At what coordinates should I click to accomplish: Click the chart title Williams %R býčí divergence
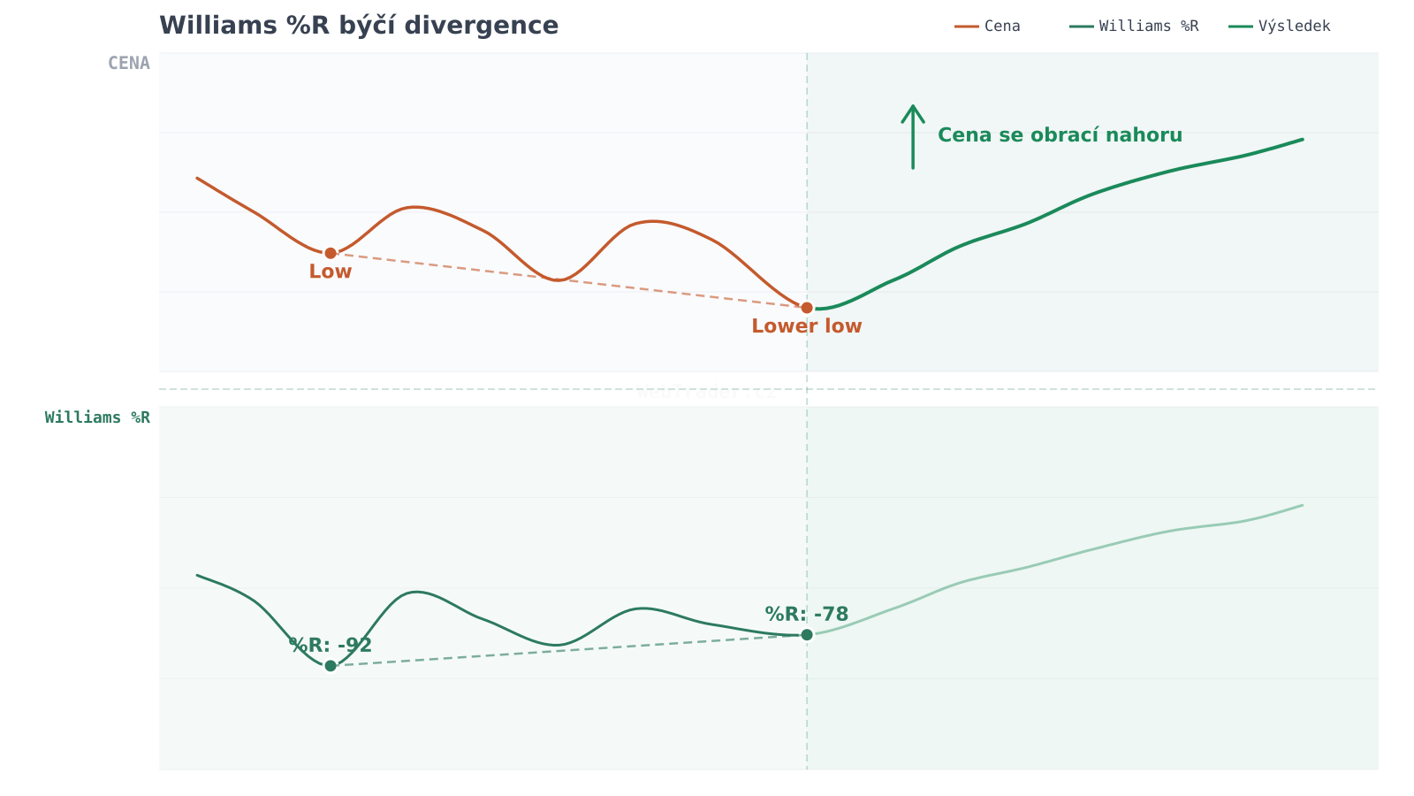[359, 26]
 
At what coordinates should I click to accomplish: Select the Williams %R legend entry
[1135, 27]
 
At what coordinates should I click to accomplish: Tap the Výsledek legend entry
[1281, 27]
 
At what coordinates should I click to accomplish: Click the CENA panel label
[129, 64]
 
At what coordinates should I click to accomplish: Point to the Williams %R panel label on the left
[97, 417]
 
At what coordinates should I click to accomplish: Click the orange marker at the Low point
[331, 253]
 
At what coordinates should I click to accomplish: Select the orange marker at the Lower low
[807, 308]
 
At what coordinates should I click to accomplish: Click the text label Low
[331, 272]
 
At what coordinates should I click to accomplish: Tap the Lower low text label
[807, 326]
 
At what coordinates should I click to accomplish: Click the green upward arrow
[913, 136]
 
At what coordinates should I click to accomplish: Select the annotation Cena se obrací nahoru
[1060, 135]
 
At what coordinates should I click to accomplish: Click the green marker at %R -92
[331, 666]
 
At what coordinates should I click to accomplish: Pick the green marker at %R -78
[807, 634]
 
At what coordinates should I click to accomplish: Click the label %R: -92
[331, 646]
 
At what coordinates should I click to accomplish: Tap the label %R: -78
[807, 615]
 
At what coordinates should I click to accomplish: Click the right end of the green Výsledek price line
[1302, 140]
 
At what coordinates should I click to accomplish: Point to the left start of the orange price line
[197, 178]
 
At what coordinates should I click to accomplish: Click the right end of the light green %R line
[1302, 505]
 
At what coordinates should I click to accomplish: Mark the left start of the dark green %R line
[197, 575]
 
